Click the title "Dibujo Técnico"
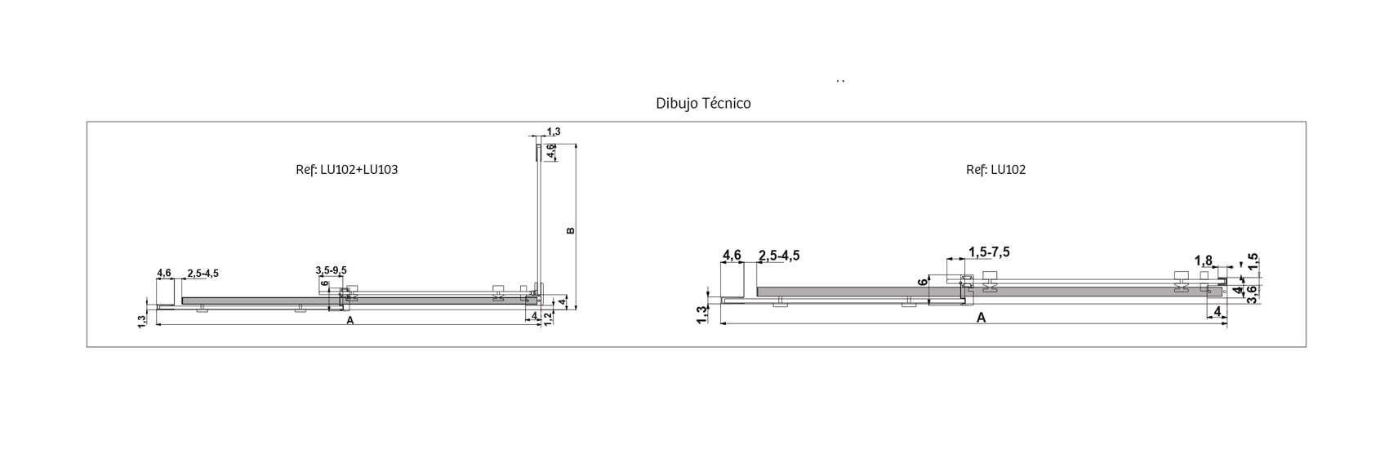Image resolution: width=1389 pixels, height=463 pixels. point(703,104)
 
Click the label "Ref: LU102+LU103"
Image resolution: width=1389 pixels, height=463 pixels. point(346,170)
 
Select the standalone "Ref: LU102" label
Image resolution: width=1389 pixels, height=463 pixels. point(996,170)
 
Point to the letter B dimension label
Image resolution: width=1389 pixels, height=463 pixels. point(571,231)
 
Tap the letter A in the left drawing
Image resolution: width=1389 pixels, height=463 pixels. point(349,320)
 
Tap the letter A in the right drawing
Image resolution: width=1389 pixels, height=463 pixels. point(981,318)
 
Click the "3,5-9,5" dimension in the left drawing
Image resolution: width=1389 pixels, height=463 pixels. point(332,270)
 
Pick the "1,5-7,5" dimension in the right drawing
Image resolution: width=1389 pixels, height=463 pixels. point(989,252)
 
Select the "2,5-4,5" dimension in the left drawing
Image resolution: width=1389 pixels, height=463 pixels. point(203,274)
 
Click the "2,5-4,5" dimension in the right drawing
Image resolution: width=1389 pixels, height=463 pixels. point(779,256)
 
